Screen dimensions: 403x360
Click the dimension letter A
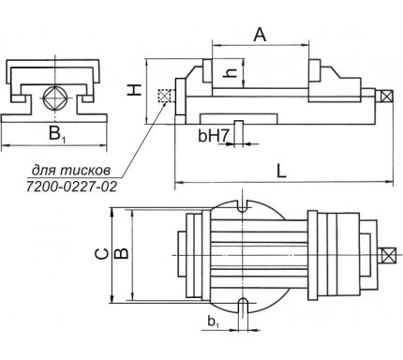(260, 35)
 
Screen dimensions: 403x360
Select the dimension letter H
(135, 90)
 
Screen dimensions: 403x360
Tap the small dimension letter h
(231, 73)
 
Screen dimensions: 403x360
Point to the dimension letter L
(282, 171)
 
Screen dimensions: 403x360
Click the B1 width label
(57, 133)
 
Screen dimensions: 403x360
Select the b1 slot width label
(213, 322)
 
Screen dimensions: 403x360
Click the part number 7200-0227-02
(71, 187)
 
